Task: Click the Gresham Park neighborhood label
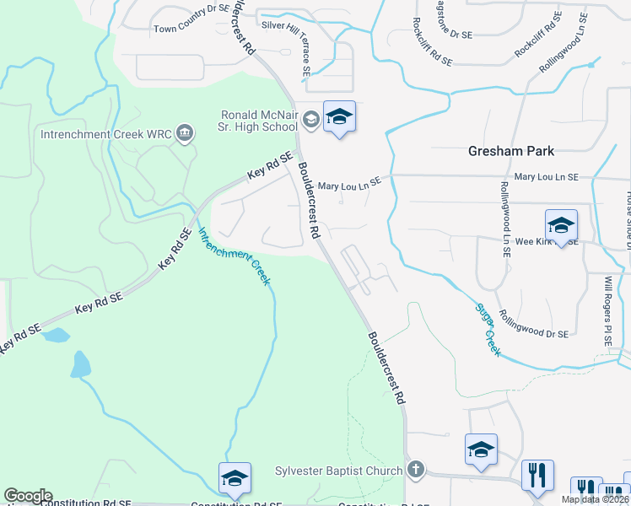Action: click(x=511, y=151)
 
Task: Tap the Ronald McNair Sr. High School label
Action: click(x=258, y=120)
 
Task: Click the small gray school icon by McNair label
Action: click(x=310, y=120)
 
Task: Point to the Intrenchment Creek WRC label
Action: click(x=105, y=133)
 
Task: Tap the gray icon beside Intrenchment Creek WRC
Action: click(x=185, y=133)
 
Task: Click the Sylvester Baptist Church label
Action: click(x=339, y=470)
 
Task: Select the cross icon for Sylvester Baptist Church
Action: click(x=414, y=469)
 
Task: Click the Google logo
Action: click(x=28, y=496)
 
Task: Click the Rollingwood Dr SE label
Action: click(x=533, y=323)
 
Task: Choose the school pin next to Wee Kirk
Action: click(x=561, y=225)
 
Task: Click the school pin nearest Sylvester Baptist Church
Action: click(x=481, y=449)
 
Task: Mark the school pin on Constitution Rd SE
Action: click(x=235, y=478)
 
